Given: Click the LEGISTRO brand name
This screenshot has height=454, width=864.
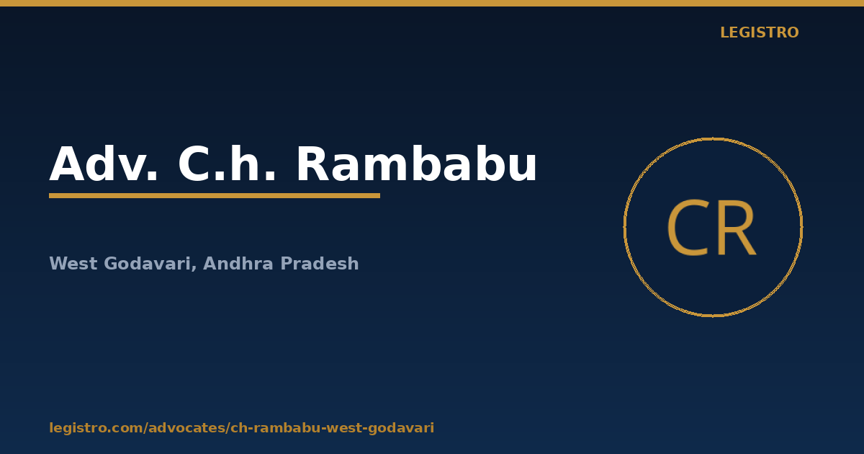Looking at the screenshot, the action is (760, 32).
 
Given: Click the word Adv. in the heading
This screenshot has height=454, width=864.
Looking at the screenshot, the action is (104, 164).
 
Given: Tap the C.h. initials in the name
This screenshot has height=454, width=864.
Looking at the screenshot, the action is (227, 164).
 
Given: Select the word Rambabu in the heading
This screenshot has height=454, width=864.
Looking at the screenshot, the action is (417, 164).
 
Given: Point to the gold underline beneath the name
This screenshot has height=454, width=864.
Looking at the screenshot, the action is (215, 196).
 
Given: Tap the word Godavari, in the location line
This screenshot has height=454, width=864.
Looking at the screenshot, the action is (150, 264).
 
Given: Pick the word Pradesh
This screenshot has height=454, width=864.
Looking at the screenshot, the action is (320, 263).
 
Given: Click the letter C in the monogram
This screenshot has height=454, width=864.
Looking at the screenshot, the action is (687, 228).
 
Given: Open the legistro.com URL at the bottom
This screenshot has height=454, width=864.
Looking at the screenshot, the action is (242, 428).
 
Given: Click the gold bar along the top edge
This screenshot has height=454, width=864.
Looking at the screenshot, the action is (432, 3).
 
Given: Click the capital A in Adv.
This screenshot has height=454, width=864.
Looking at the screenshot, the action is (67, 164).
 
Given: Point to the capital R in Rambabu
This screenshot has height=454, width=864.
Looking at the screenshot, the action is (312, 164).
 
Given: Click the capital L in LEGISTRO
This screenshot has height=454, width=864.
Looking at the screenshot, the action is (724, 32).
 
